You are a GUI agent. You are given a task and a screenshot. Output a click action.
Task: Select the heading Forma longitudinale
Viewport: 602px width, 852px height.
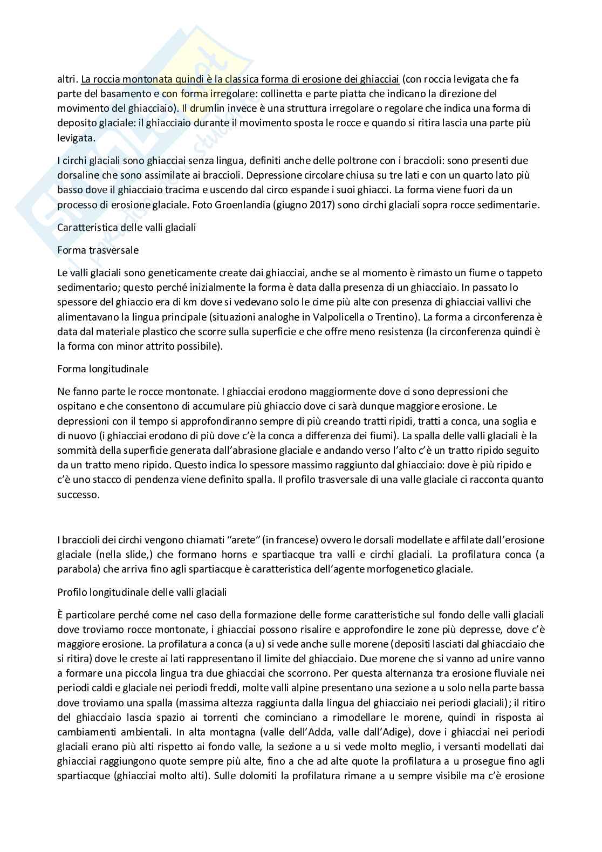pos(102,369)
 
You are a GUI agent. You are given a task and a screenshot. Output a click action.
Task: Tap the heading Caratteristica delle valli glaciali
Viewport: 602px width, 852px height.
pos(126,227)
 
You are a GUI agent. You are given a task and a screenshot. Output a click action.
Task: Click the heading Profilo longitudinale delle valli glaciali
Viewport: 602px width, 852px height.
pos(142,592)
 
